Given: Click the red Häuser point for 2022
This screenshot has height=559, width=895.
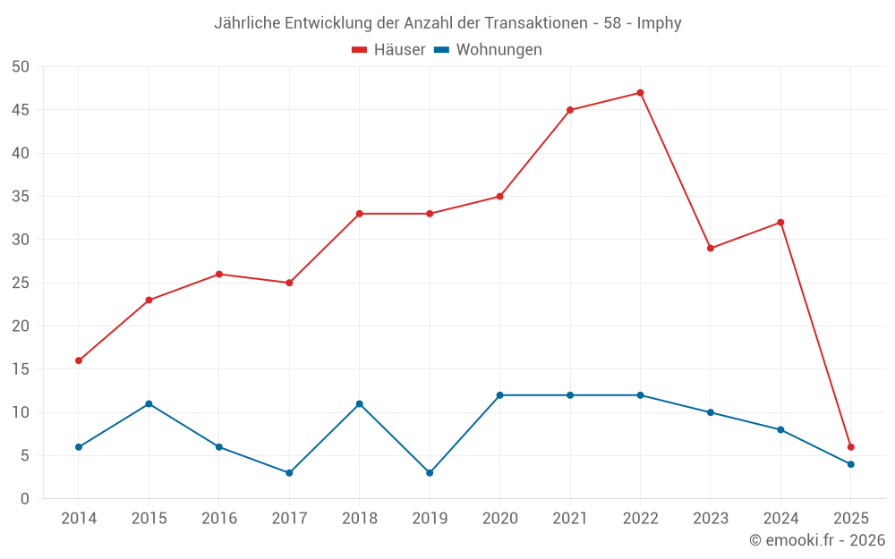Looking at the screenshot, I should (x=640, y=93).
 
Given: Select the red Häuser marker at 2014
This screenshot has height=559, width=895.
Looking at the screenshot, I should (x=79, y=360).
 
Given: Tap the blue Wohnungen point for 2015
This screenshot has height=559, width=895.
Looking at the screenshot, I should (x=149, y=404).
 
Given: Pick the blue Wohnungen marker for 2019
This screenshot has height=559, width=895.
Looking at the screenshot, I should (x=430, y=473).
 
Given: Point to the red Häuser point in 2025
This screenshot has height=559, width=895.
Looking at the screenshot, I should (x=850, y=447).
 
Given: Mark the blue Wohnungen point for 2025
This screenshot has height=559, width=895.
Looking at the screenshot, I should (x=850, y=464).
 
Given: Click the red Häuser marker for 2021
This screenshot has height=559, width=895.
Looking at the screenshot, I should (x=570, y=110).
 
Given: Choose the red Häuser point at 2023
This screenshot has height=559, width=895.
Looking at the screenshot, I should (x=711, y=249).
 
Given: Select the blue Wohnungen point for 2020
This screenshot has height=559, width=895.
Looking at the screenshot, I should (x=499, y=395).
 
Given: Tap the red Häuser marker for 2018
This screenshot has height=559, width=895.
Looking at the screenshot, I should (x=360, y=214).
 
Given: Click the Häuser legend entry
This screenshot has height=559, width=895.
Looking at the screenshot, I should (x=388, y=50).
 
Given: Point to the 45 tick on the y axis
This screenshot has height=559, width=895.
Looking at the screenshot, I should (x=21, y=110).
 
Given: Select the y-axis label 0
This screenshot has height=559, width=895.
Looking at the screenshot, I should (x=25, y=499).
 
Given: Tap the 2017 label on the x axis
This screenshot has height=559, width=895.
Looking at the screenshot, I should (x=289, y=519).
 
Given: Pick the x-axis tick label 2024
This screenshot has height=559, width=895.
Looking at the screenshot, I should (x=780, y=519).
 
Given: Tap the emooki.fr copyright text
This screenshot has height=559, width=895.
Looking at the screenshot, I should (x=816, y=540).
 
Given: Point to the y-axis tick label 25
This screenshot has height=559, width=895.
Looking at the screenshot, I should (x=21, y=283).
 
